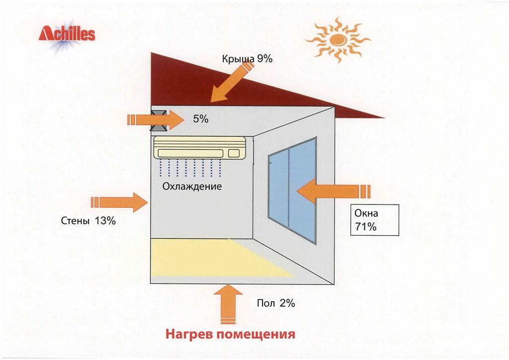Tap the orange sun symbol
point(338,39)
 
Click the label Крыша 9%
point(247,59)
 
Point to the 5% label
point(200,119)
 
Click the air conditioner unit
point(200,148)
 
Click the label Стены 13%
point(88,221)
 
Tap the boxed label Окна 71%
point(373,220)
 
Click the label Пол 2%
point(276,303)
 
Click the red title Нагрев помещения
point(230,333)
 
